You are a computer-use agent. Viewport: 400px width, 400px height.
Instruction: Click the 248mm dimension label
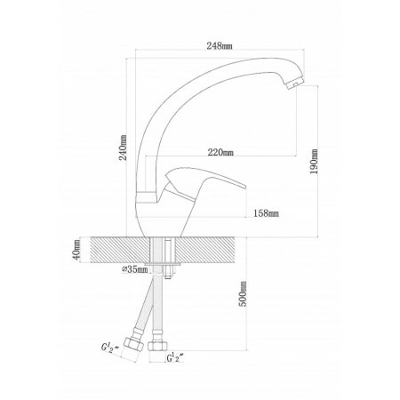tap(220, 45)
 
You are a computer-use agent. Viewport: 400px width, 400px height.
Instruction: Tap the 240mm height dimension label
tap(123, 148)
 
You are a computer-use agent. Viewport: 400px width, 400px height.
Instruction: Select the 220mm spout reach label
tap(220, 152)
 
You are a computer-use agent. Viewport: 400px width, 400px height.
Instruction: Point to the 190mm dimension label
tap(314, 161)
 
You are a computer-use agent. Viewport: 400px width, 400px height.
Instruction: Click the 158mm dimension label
tap(266, 213)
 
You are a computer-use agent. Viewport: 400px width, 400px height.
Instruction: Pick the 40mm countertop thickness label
tap(76, 250)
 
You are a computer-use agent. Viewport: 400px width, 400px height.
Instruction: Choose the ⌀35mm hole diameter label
tap(135, 269)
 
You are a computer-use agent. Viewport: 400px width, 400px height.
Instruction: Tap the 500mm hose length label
tap(243, 294)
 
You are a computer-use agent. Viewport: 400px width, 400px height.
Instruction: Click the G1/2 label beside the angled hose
tap(109, 348)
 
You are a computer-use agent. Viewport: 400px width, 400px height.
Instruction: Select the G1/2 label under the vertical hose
tap(175, 357)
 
